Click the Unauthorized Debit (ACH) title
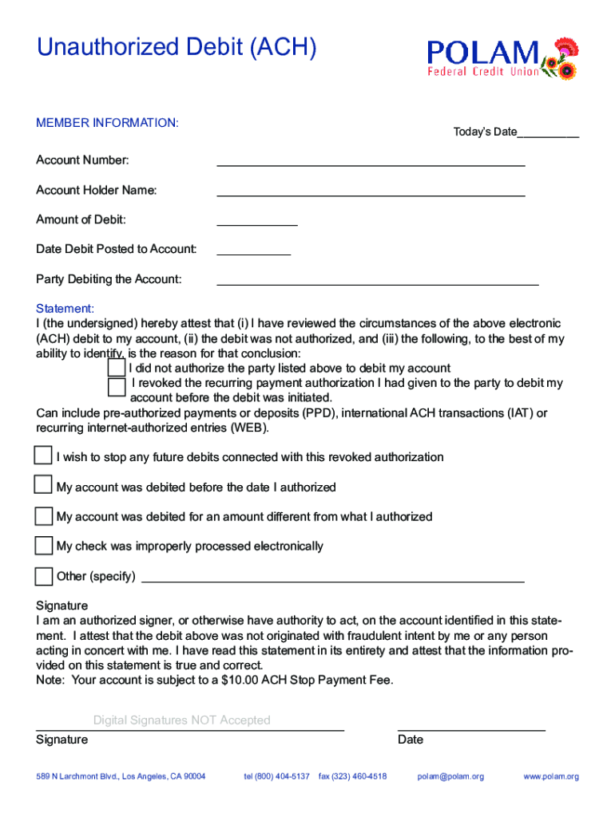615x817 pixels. tap(177, 49)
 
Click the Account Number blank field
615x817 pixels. tap(371, 162)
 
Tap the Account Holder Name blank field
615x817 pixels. tap(371, 191)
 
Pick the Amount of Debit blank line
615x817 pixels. tap(257, 222)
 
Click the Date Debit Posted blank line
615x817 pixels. tap(254, 251)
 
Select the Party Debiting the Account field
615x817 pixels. tap(378, 281)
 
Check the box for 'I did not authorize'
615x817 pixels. tap(117, 368)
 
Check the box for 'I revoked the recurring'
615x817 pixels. tap(117, 387)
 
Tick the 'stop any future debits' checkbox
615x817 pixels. tap(43, 456)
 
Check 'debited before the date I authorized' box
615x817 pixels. tap(43, 485)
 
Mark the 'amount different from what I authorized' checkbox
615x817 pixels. tap(43, 515)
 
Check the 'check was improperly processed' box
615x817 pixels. tap(43, 546)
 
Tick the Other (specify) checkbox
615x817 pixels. tap(43, 576)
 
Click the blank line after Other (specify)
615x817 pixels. tap(332, 578)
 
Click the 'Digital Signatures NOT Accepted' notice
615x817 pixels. tap(181, 720)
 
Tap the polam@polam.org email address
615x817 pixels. tap(450, 776)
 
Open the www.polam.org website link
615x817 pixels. tap(551, 776)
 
